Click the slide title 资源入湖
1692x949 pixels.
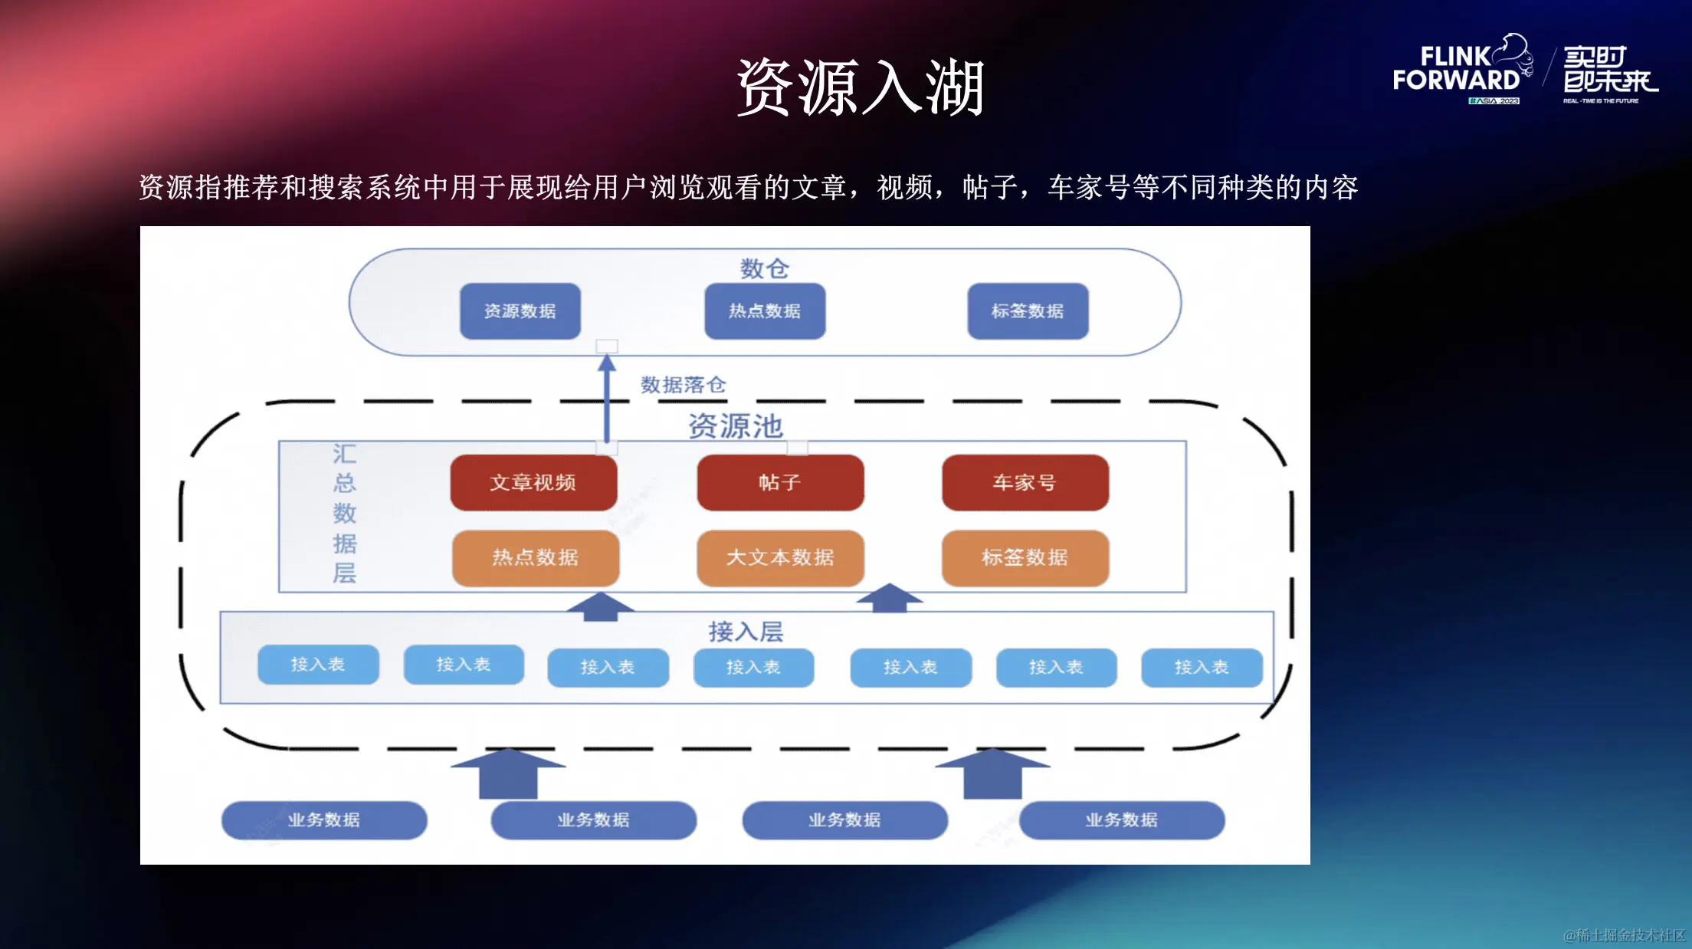tap(861, 87)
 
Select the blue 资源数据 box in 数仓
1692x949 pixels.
tap(520, 311)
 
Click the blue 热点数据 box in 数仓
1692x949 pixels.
tap(765, 311)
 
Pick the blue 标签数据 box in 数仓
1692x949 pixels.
tap(1028, 311)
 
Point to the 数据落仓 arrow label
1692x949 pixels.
tap(683, 385)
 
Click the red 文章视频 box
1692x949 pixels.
tap(533, 482)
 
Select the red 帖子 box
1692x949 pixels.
tap(780, 482)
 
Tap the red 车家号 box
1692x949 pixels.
tap(1025, 482)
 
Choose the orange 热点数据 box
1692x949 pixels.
tap(535, 557)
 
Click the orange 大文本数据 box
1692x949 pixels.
tap(780, 557)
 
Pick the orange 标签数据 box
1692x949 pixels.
tap(1025, 557)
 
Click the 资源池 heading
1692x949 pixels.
tap(735, 426)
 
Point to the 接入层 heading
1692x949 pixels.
tap(746, 632)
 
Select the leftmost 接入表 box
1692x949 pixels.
tap(318, 665)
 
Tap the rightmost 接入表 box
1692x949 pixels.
tap(1202, 668)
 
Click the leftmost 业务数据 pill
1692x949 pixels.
tap(324, 820)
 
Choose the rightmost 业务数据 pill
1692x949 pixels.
tap(1121, 820)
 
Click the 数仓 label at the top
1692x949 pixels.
tap(764, 268)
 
